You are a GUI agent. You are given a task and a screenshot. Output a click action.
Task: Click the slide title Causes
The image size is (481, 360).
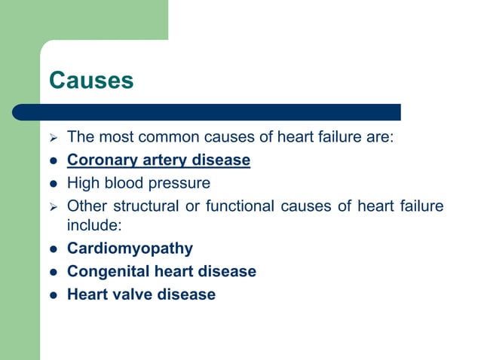(x=91, y=80)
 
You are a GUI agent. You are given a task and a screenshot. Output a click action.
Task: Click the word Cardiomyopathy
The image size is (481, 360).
(x=130, y=249)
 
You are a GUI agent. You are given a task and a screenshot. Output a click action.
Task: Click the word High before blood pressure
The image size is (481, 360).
(x=82, y=183)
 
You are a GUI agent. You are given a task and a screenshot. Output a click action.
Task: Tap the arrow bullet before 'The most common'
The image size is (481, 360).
(x=52, y=138)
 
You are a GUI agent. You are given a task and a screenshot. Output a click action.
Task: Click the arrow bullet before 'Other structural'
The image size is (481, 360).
(x=52, y=206)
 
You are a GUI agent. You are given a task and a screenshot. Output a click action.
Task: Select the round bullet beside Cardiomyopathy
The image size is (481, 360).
(x=53, y=249)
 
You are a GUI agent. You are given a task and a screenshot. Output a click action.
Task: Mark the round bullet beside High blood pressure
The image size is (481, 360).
(x=53, y=184)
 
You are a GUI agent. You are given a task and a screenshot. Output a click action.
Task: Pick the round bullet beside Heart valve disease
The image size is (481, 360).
(x=53, y=295)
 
